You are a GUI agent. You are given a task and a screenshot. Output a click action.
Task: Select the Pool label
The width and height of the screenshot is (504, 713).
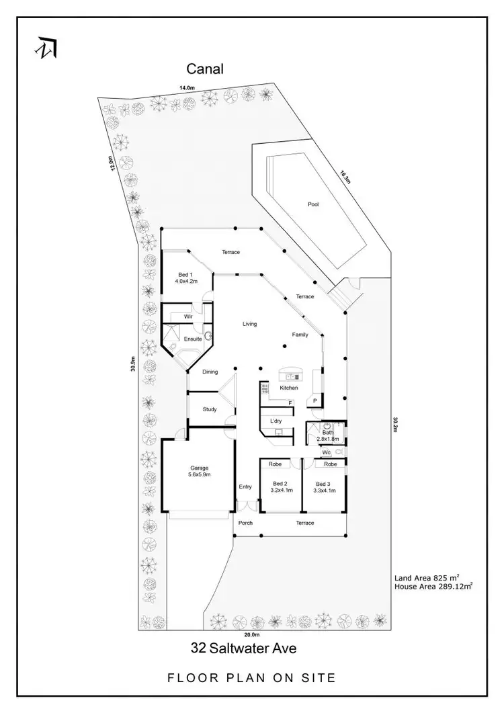coord(312,204)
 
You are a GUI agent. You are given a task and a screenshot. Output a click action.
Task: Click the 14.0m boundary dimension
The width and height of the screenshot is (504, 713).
coord(186,87)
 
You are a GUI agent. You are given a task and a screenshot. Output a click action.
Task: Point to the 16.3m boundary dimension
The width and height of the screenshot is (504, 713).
coord(345,177)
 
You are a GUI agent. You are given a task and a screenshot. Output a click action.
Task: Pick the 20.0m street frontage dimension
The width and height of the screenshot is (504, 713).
coord(251,634)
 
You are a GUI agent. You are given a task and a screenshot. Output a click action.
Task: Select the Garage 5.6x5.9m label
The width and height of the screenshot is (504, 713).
coord(200,471)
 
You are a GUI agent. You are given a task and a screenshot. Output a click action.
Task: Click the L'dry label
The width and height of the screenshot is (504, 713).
coord(276,421)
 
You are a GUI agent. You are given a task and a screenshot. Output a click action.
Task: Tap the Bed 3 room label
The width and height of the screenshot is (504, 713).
coord(324,487)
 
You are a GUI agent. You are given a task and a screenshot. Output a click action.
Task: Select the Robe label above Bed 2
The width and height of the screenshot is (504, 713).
coord(275,464)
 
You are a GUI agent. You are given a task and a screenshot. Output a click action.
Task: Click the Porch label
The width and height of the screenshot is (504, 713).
coord(245,523)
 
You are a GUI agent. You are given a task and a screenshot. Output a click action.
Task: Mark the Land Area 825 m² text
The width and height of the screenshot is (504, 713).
coord(426,577)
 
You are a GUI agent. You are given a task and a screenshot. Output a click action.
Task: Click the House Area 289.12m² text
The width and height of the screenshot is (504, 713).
coord(433,587)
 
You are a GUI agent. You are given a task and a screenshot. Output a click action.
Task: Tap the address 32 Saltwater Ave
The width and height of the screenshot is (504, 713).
coord(243,648)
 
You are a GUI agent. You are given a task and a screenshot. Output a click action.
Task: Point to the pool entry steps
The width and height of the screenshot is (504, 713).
coord(342,293)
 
